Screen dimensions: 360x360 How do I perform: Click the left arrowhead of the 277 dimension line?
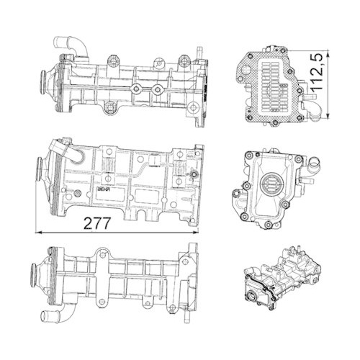click(38, 232)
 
